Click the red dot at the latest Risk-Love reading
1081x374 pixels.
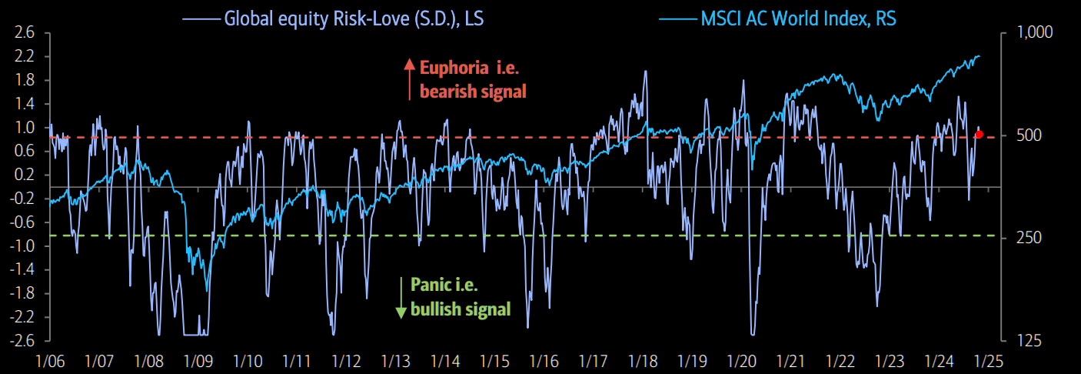pyautogui.click(x=979, y=135)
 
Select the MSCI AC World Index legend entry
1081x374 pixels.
pyautogui.click(x=798, y=17)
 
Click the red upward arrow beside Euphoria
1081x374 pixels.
pyautogui.click(x=409, y=78)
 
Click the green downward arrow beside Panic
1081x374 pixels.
pyautogui.click(x=401, y=298)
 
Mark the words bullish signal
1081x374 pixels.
pyautogui.click(x=461, y=310)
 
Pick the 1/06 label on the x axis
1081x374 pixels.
pyautogui.click(x=50, y=361)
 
